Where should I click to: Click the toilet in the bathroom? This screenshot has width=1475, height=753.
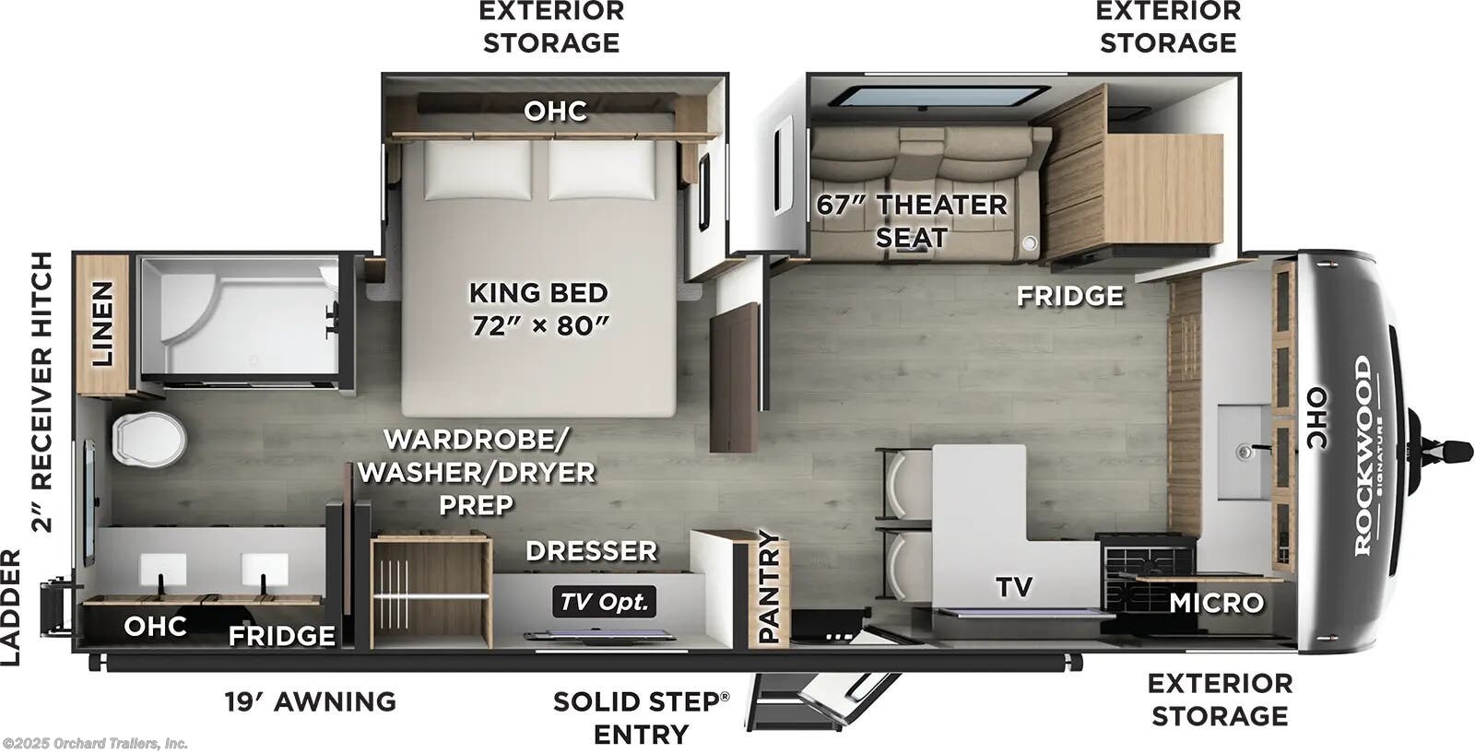click(147, 438)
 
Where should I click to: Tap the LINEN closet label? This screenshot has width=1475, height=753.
click(101, 324)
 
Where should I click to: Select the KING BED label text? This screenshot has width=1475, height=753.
click(538, 293)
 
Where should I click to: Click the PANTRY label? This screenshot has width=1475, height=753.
click(769, 587)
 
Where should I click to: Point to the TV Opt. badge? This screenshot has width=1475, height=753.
click(605, 603)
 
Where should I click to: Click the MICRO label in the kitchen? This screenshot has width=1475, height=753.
click(1216, 603)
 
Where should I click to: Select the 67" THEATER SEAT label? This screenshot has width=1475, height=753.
click(911, 220)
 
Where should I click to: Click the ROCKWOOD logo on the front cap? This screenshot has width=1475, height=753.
click(1363, 456)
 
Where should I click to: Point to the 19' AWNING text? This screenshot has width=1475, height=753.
click(311, 701)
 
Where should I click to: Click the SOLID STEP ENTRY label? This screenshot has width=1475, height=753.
click(641, 717)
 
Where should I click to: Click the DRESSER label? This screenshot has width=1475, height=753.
click(591, 551)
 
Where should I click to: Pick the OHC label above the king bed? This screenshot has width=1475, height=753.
click(555, 111)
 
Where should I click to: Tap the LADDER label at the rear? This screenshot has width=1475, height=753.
click(11, 606)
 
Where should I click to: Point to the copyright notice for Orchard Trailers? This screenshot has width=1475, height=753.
click(95, 743)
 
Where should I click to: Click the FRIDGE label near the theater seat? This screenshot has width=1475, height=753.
click(1069, 296)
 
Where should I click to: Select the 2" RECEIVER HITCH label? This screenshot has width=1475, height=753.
click(42, 393)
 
